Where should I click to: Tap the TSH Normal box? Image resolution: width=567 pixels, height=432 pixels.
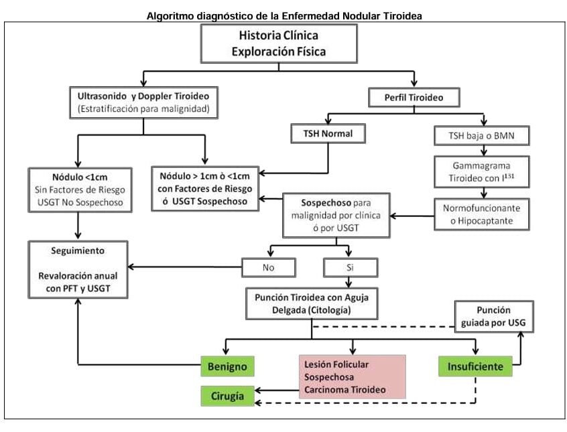click(x=327, y=134)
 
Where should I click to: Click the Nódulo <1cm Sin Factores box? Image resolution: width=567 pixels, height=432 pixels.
click(x=79, y=188)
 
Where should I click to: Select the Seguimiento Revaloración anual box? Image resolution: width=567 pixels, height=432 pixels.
click(x=78, y=269)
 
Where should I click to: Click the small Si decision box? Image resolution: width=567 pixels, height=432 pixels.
click(x=349, y=267)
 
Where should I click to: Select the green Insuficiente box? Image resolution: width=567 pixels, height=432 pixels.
click(x=475, y=367)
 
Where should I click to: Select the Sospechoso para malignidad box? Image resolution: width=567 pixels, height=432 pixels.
click(x=337, y=215)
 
